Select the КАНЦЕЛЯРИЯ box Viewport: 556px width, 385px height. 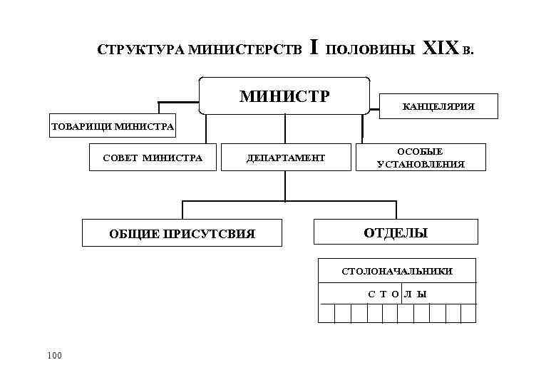coord(438,108)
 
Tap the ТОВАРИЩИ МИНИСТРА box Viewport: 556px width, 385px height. coord(112,127)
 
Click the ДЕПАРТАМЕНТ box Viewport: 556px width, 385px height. coord(286,158)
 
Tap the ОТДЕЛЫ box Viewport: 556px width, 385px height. coord(396,232)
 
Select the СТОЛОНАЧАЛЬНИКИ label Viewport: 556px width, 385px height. coord(397,272)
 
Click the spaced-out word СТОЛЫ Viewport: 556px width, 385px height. coord(397,294)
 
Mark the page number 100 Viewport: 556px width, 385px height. coord(54,354)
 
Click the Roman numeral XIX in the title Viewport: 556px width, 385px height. coord(441,49)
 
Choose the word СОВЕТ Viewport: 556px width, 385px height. coord(122,158)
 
